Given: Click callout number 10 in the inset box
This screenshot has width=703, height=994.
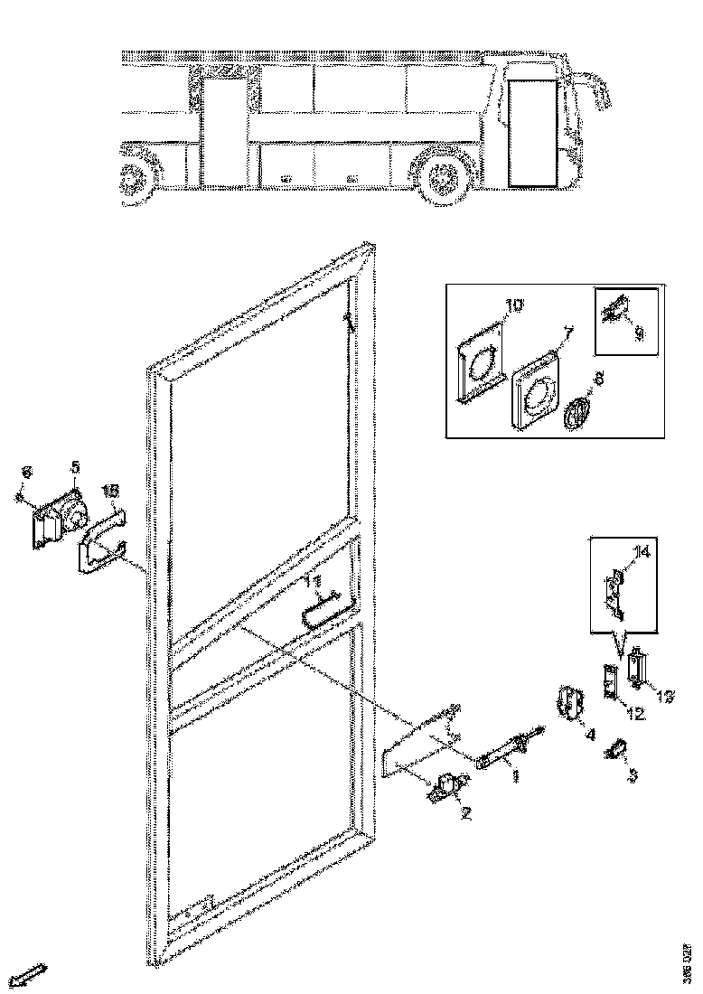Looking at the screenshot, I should (x=513, y=306).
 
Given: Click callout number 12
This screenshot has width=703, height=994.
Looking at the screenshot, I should (x=633, y=714).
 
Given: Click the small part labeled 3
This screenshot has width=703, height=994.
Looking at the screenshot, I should (x=615, y=749).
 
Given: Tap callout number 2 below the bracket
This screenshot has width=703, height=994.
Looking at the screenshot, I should (x=465, y=813).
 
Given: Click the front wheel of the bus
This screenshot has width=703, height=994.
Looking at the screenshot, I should (x=443, y=175).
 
